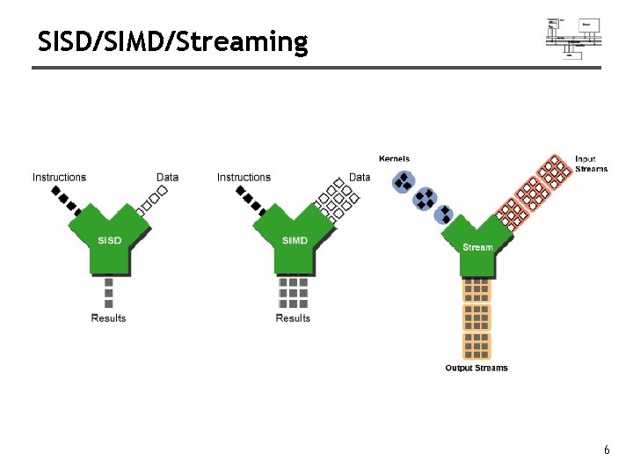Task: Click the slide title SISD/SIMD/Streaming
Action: click(173, 41)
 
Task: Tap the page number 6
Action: click(606, 450)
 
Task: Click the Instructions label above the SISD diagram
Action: click(60, 178)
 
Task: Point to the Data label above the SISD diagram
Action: click(167, 178)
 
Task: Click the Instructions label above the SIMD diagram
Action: click(244, 178)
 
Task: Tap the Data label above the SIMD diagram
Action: click(360, 178)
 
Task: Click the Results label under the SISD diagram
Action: click(109, 318)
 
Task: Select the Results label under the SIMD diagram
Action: click(293, 318)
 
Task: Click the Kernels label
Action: click(395, 159)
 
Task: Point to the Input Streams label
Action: click(591, 164)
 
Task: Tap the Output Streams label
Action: click(477, 368)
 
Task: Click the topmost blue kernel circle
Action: click(403, 182)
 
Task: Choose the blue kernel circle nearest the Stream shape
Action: click(444, 215)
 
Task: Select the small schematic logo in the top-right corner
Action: click(573, 38)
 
